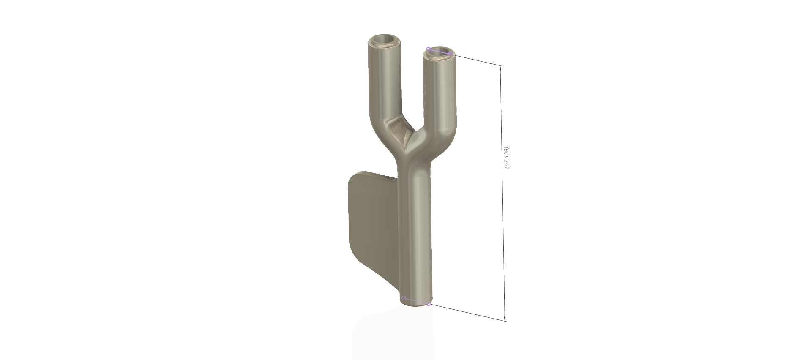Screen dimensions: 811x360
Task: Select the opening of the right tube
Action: [x=440, y=52]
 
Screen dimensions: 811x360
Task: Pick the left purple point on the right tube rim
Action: [x=428, y=49]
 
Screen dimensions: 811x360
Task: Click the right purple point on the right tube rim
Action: [x=451, y=54]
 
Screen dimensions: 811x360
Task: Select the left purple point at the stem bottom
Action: [x=404, y=298]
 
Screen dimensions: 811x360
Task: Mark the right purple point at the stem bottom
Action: [x=429, y=304]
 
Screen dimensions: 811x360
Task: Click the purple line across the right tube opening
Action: [x=440, y=51]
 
